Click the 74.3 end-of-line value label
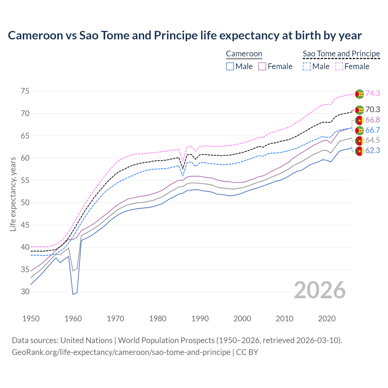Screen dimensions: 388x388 [x=373, y=93]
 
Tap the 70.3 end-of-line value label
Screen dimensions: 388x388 [x=373, y=109]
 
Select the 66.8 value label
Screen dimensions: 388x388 [x=373, y=120]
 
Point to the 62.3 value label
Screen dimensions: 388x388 [x=373, y=150]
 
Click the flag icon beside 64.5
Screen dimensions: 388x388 [x=360, y=141]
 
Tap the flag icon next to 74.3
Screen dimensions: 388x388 [x=360, y=94]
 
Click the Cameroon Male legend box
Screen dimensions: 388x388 [x=230, y=66]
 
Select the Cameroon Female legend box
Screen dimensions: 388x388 [x=262, y=66]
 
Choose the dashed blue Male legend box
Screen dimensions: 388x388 [x=307, y=66]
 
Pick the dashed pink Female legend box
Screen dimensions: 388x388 [x=339, y=66]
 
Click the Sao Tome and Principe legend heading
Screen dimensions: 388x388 [x=341, y=54]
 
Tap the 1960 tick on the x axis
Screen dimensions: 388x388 [x=73, y=319]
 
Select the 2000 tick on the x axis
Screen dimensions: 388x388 [x=242, y=319]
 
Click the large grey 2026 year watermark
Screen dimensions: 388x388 [x=320, y=290]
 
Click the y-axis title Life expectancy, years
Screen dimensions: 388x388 [x=13, y=194]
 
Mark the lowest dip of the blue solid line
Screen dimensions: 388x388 [x=73, y=294]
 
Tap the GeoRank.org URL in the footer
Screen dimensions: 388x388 [x=121, y=352]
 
